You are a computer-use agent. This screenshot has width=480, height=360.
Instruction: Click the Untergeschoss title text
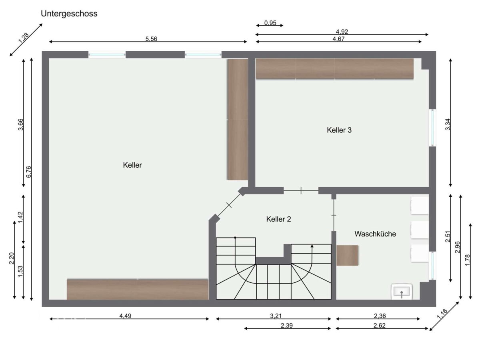[x=69, y=14]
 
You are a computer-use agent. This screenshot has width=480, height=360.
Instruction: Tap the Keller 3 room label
[x=339, y=130]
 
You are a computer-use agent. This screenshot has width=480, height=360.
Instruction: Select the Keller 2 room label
[x=278, y=219]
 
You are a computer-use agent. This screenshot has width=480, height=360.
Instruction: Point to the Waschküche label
[x=375, y=234]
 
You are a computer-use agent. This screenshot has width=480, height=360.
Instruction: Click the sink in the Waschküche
[x=402, y=292]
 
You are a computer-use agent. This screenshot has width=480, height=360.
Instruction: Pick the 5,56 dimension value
[x=151, y=39]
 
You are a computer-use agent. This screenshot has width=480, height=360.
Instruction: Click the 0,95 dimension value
[x=270, y=23]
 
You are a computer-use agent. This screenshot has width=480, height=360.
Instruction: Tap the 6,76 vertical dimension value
[x=29, y=172]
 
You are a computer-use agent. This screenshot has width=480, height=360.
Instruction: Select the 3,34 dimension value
[x=448, y=124]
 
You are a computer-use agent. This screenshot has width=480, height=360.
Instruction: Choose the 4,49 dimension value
[x=125, y=316]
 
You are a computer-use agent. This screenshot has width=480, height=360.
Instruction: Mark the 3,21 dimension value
[x=276, y=316]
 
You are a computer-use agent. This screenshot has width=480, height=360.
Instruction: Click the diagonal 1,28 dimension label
[x=23, y=38]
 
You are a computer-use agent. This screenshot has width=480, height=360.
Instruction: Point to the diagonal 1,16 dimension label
[x=442, y=314]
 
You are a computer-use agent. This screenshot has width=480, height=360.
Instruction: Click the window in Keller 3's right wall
[x=432, y=128]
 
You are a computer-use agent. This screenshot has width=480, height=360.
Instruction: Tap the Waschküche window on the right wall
[x=432, y=265]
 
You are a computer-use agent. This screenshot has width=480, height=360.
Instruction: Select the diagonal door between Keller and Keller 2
[x=229, y=205]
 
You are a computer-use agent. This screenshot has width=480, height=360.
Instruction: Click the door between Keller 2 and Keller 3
[x=301, y=191]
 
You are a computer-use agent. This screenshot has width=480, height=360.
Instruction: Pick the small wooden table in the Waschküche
[x=347, y=255]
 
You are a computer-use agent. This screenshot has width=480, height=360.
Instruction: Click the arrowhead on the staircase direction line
[x=312, y=246]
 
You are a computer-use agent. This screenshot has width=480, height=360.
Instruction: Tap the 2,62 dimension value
[x=380, y=326]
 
